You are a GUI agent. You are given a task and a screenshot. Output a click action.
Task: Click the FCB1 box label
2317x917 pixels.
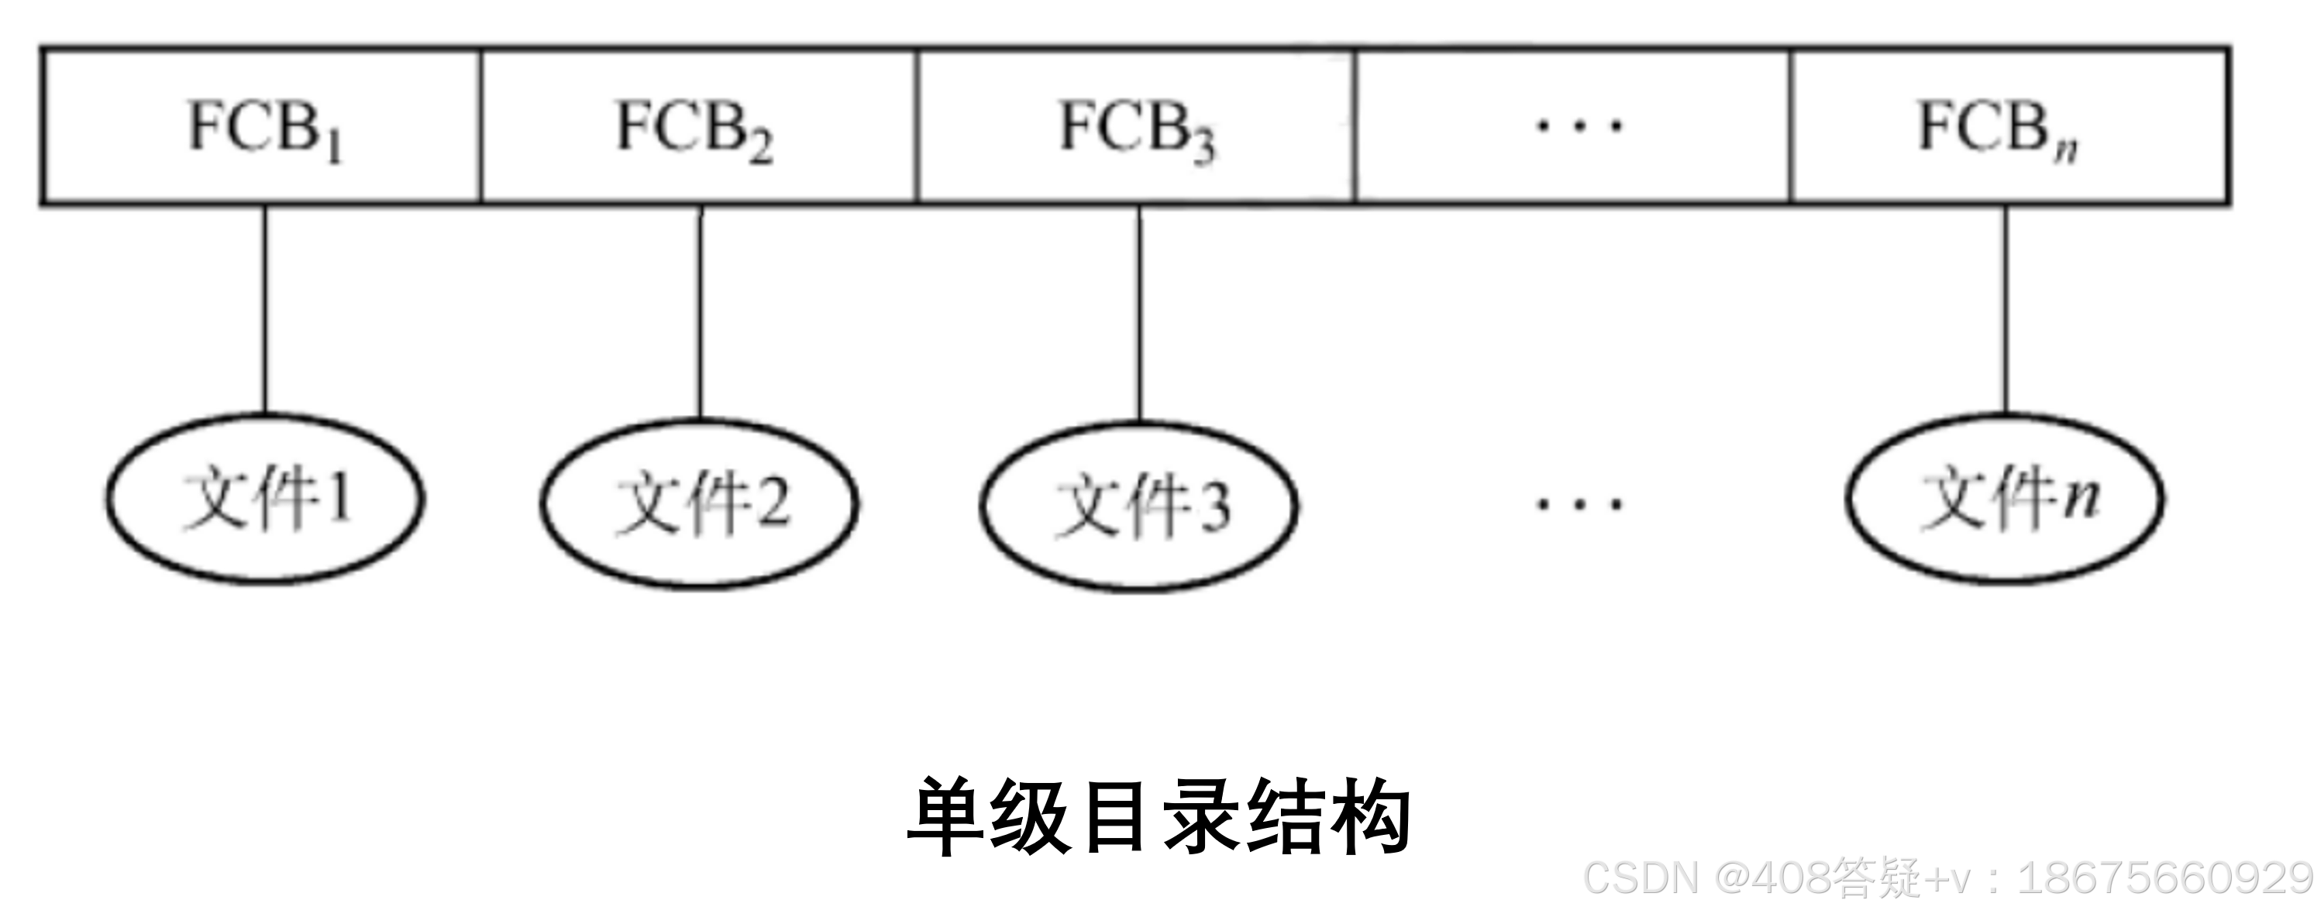(263, 129)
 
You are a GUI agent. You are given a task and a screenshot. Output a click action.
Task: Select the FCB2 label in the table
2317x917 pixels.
(694, 129)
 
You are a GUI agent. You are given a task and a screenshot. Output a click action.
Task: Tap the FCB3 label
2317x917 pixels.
(1136, 129)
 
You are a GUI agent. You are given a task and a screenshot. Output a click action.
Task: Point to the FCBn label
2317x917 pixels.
(1997, 129)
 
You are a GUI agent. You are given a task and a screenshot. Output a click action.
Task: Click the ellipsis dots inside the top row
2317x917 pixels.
(1579, 126)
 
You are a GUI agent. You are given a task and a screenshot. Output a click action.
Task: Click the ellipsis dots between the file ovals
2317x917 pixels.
(1579, 503)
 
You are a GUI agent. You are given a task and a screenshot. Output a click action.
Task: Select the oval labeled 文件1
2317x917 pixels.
(265, 498)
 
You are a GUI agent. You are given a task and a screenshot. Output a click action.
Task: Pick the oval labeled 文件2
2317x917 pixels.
(700, 503)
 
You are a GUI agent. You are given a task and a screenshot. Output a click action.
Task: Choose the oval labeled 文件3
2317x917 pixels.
(1138, 507)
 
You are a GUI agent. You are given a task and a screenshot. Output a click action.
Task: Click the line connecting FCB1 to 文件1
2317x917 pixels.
(264, 310)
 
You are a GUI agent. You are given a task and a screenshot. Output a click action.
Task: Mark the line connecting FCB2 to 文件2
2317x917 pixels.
(701, 313)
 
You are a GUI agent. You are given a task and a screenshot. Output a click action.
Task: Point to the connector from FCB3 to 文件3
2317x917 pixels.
(1140, 314)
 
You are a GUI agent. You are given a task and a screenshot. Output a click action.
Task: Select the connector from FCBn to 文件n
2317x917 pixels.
(2005, 310)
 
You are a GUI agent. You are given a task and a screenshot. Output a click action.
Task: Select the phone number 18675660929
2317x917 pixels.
(2164, 877)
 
